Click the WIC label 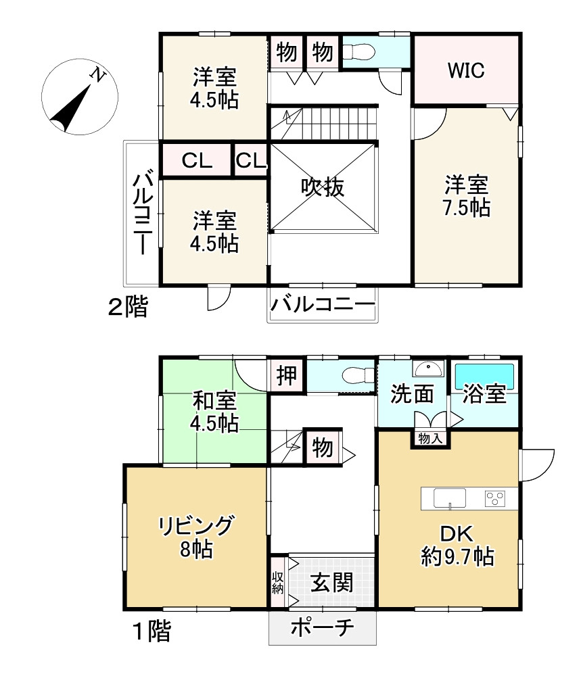pyautogui.click(x=466, y=70)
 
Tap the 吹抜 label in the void pyautogui.click(x=323, y=187)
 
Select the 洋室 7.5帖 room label pyautogui.click(x=466, y=196)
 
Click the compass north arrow pyautogui.click(x=72, y=107)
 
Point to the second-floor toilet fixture pyautogui.click(x=358, y=53)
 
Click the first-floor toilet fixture pyautogui.click(x=358, y=375)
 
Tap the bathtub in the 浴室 pyautogui.click(x=485, y=377)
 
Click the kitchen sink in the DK pyautogui.click(x=449, y=498)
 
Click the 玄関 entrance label pyautogui.click(x=331, y=583)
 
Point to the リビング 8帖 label pyautogui.click(x=196, y=537)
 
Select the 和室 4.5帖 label pyautogui.click(x=214, y=412)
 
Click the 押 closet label pyautogui.click(x=287, y=375)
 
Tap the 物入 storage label pyautogui.click(x=430, y=439)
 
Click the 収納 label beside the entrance pyautogui.click(x=278, y=583)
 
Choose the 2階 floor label pyautogui.click(x=128, y=307)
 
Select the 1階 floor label pyautogui.click(x=152, y=631)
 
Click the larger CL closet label pyautogui.click(x=197, y=161)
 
